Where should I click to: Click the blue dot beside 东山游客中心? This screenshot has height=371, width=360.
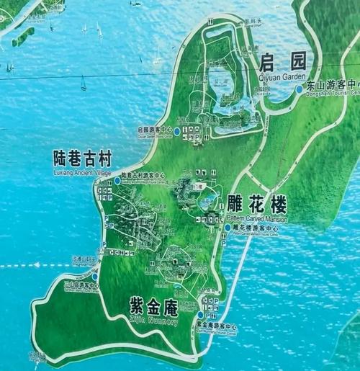point(300,89)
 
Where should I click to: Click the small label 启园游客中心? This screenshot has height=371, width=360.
point(153,130)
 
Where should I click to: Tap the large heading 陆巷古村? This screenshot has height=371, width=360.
point(84,156)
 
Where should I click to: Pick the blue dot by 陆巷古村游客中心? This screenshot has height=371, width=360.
point(117,179)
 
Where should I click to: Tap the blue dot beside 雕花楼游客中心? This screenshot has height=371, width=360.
point(228,228)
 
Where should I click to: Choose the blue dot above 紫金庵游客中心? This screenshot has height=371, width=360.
point(201,314)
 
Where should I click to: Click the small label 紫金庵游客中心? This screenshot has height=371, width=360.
point(216,326)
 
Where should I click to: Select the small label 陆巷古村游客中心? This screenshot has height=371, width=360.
point(143,175)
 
